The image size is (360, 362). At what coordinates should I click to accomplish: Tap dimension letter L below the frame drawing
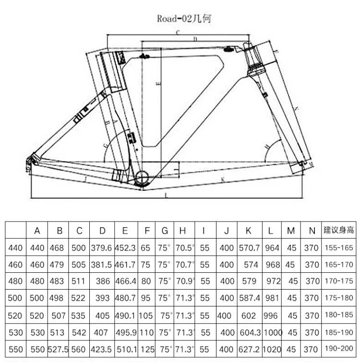(x=166, y=196)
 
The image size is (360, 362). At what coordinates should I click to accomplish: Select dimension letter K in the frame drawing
(x=224, y=180)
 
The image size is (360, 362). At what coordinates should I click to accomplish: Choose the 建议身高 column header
(x=338, y=231)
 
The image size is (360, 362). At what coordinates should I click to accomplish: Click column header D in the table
(x=102, y=231)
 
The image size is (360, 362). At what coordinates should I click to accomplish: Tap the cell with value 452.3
(x=125, y=248)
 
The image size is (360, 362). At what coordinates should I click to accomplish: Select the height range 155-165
(x=338, y=248)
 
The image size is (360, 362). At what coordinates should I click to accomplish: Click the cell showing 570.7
(x=249, y=248)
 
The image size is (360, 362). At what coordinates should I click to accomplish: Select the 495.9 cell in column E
(x=125, y=332)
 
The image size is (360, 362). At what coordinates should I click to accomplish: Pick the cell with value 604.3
(x=249, y=332)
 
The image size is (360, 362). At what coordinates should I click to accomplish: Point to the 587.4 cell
(x=249, y=298)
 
